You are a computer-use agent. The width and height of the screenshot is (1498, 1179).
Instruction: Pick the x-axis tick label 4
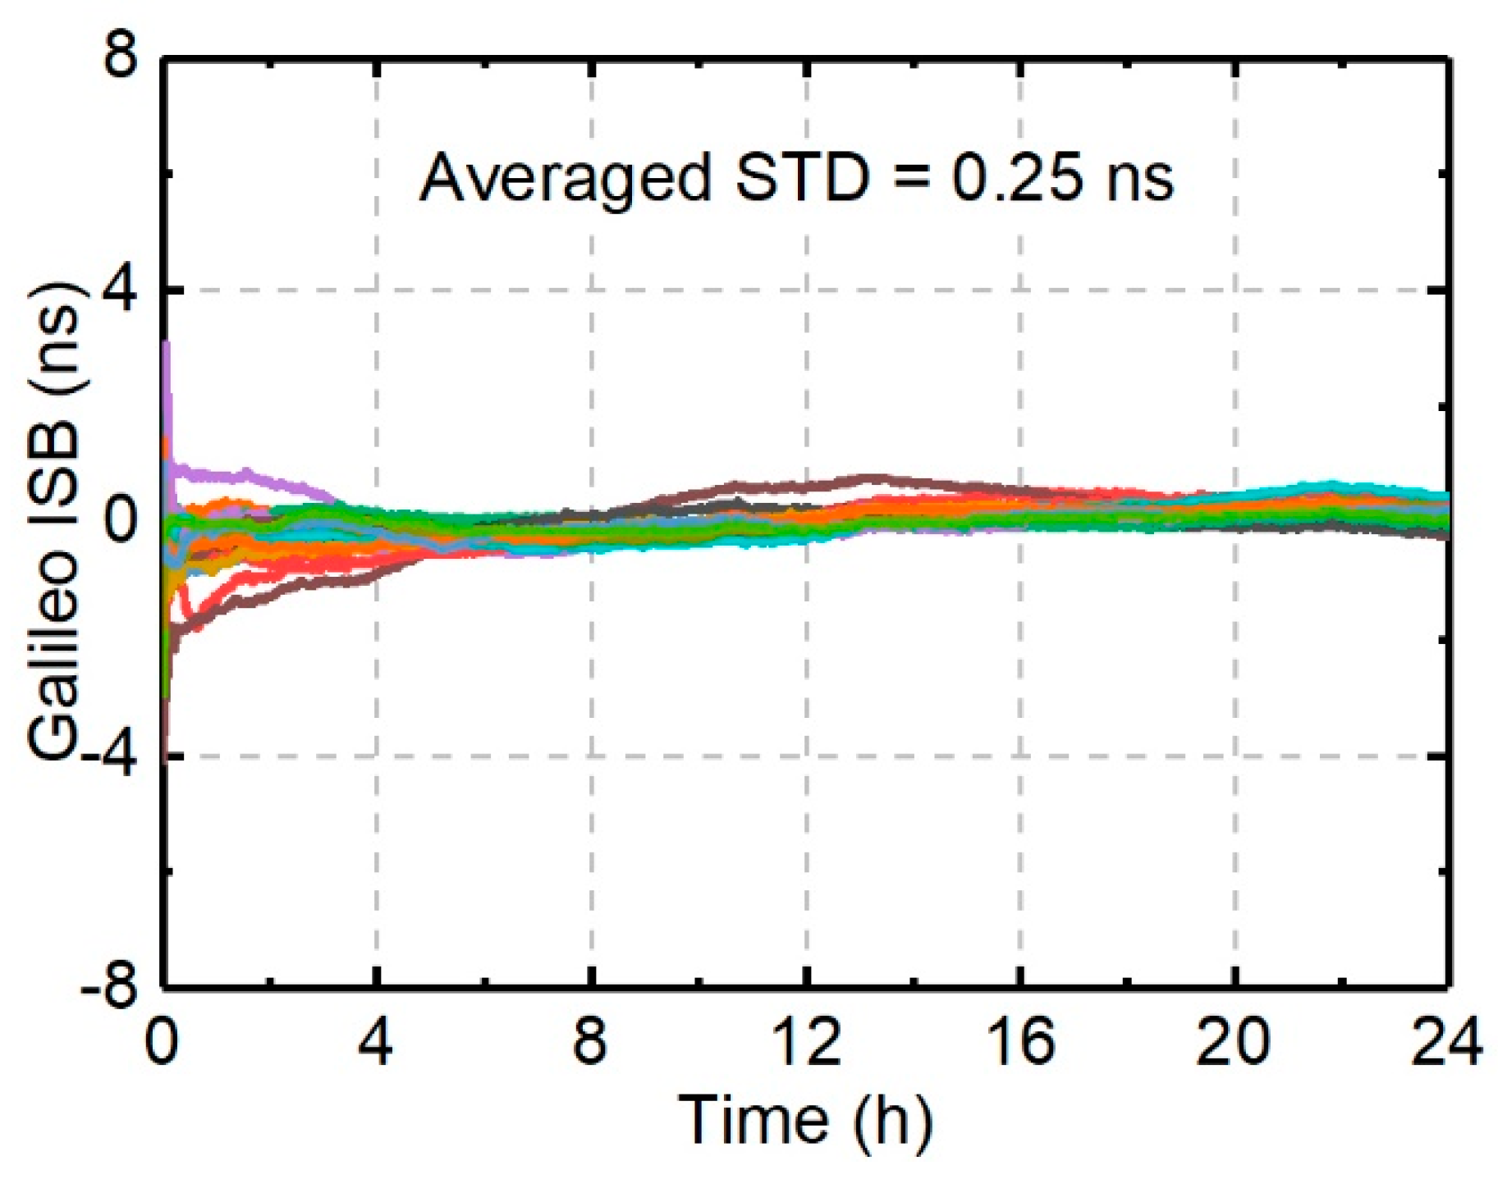376,1041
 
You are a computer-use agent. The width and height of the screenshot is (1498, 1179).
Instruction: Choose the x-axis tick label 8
590,1041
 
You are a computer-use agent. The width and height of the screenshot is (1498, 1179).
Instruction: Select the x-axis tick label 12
806,1041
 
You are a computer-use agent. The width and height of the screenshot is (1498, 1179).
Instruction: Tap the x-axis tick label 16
1020,1041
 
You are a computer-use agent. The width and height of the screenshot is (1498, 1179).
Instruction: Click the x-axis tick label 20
1234,1041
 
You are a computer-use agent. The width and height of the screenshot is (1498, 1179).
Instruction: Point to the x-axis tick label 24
1446,1041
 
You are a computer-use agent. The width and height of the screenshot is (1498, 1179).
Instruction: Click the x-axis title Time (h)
806,1121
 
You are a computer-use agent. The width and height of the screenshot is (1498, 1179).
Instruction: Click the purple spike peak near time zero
167,345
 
